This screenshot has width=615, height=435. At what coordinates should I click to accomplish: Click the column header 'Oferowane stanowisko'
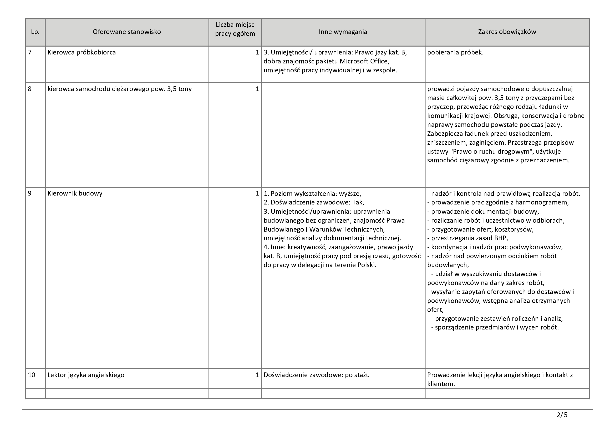[127, 32]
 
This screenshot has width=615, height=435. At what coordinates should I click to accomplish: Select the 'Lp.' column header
[35, 32]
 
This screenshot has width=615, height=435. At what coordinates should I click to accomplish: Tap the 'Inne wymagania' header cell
[343, 32]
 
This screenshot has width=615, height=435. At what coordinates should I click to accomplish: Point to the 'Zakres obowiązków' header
[507, 32]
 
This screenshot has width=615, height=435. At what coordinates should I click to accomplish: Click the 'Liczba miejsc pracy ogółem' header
[235, 29]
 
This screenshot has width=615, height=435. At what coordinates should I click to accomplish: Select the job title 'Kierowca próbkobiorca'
[82, 52]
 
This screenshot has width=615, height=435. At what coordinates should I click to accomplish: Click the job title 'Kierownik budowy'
[75, 193]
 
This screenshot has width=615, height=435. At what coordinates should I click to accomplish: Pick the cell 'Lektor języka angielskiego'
[86, 375]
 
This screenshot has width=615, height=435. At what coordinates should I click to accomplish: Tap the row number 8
[30, 89]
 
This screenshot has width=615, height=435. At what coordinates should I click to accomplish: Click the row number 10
[32, 375]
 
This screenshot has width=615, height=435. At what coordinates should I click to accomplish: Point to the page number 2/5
[562, 415]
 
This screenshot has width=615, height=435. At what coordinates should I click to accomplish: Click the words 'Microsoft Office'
[364, 61]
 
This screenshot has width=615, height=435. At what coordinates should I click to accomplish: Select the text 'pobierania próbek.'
[455, 52]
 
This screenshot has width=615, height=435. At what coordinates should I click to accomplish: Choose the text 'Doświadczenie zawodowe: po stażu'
[317, 375]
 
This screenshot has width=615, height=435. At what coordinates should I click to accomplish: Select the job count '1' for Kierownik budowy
[257, 193]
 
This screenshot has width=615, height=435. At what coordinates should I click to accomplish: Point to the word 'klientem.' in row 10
[441, 384]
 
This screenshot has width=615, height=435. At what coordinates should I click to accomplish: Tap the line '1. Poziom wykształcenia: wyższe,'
[313, 193]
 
